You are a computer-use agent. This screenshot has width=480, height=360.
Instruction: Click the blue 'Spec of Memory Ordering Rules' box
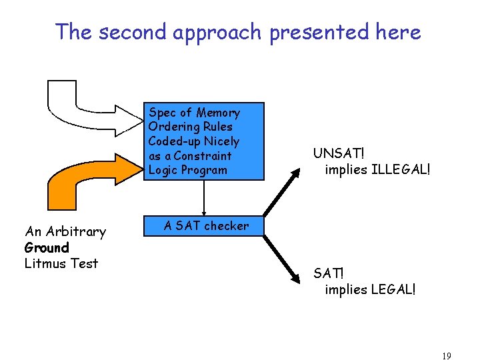point(204,141)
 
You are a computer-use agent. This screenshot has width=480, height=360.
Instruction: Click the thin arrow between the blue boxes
point(203,198)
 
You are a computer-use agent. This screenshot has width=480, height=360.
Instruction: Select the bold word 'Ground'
point(47,248)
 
